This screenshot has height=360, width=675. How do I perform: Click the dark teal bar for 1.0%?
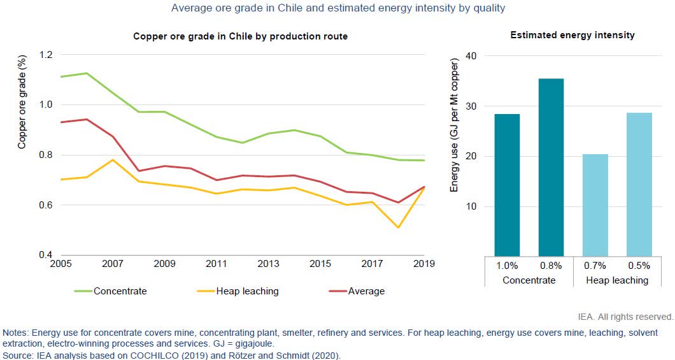(x=507, y=185)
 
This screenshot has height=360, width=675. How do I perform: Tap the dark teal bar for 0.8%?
(x=551, y=167)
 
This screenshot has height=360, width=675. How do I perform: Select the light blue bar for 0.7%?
(x=595, y=205)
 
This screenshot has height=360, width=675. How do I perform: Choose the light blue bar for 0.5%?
(x=639, y=184)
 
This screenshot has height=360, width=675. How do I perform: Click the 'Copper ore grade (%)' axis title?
(x=22, y=105)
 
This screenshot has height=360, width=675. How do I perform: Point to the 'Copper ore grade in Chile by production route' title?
(x=240, y=36)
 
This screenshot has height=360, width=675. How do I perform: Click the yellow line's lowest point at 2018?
(x=398, y=227)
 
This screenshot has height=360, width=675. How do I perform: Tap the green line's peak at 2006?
(x=86, y=73)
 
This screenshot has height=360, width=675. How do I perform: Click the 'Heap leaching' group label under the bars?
(x=616, y=280)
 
